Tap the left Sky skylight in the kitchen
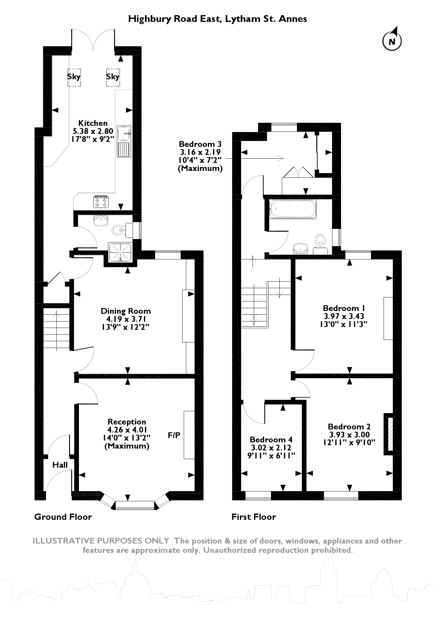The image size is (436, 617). point(74,77)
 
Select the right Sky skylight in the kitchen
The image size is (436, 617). point(113,77)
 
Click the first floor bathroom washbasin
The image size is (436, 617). point(300,248)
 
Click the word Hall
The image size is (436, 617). point(60,465)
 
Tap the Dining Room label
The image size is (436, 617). point(126,311)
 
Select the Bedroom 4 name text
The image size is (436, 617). point(271,439)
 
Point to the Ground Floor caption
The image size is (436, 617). point(63,517)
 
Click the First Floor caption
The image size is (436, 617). point(254,517)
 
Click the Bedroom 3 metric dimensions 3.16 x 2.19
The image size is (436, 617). point(200,152)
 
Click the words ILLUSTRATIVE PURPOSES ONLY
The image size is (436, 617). point(101,541)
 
